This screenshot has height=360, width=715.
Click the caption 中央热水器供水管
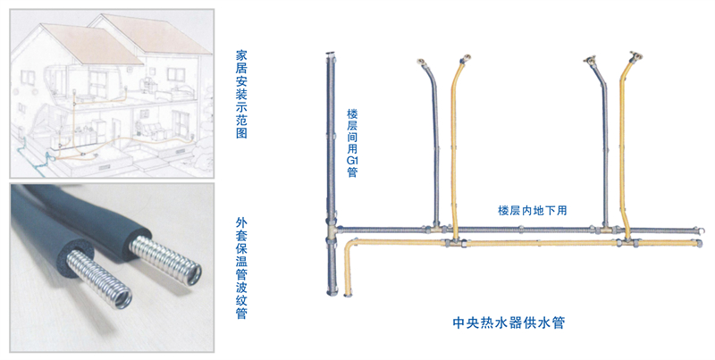tap(509, 322)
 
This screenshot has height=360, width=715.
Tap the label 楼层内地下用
tap(532, 211)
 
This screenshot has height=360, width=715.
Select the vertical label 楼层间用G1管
tap(352, 143)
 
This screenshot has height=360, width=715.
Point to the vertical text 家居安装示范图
tap(241, 95)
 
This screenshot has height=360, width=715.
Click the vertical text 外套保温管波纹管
tap(241, 268)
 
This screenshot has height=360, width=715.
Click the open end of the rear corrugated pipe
tap(192, 274)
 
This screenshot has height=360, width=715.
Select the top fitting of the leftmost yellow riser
tap(465, 59)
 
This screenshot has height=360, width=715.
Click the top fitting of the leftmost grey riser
tap(422, 63)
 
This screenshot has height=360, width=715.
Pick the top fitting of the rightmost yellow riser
tap(635, 56)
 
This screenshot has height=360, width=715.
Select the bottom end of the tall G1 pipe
tap(332, 293)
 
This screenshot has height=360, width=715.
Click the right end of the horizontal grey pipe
tap(694, 230)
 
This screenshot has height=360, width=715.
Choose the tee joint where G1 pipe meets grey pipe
tap(332, 229)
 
